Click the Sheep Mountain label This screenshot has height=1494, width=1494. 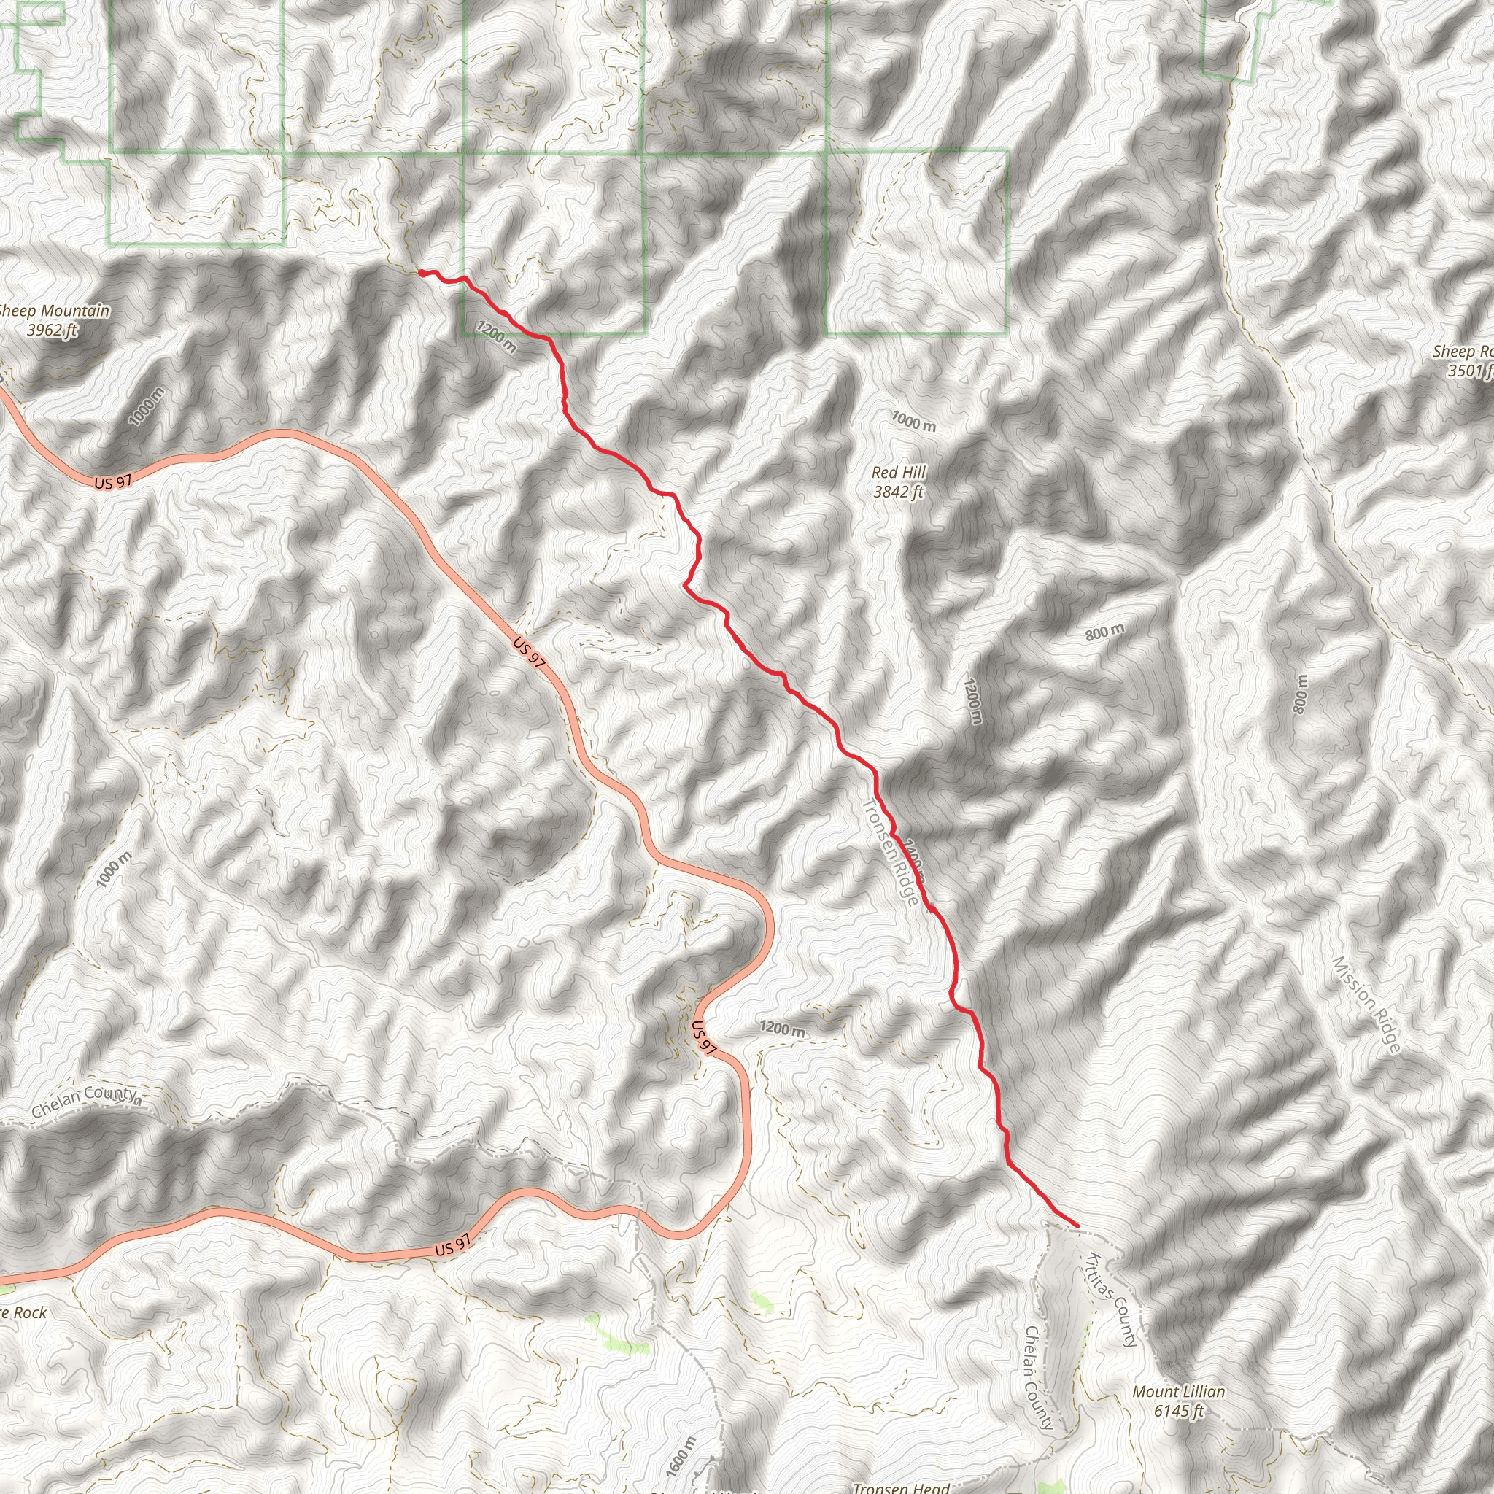click(x=54, y=311)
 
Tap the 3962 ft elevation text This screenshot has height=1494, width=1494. click(x=52, y=331)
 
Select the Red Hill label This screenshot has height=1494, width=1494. click(x=899, y=473)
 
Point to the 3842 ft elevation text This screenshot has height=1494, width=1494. click(x=899, y=492)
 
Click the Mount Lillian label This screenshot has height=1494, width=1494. click(x=1179, y=1392)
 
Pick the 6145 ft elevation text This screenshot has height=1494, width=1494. click(x=1179, y=1412)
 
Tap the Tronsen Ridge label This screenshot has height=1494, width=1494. click(x=891, y=851)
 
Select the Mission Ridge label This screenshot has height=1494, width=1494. click(x=1366, y=1005)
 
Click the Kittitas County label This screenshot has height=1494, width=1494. click(x=1113, y=1299)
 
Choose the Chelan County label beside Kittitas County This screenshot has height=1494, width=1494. click(x=1039, y=1377)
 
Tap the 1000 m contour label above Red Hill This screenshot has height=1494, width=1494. click(x=913, y=422)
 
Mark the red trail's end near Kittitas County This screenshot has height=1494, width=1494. click(x=1077, y=1226)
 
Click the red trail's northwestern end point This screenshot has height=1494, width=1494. click(x=419, y=272)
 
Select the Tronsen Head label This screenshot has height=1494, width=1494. click(x=901, y=1487)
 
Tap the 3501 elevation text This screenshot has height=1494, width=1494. click(x=1469, y=371)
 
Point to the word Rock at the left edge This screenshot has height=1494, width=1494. click(x=29, y=1312)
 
